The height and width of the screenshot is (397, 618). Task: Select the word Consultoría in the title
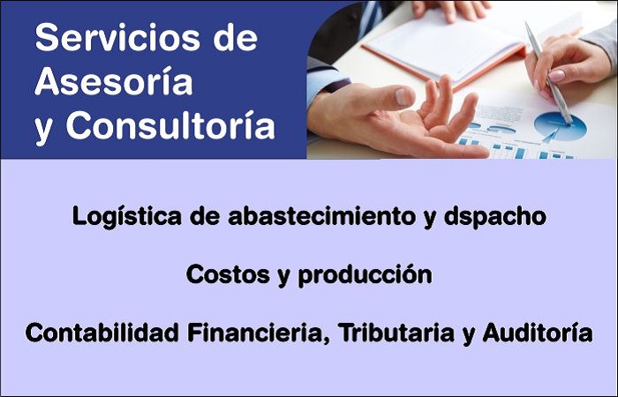[170, 125]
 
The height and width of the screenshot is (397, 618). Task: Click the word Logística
[126, 217]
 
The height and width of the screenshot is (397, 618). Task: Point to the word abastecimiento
[321, 216]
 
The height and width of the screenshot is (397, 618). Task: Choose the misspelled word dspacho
[495, 217]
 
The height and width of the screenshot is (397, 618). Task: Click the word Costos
[228, 274]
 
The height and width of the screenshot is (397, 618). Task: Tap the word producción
[365, 275]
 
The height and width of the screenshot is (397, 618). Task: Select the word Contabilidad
[102, 333]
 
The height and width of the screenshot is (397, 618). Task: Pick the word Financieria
[259, 333]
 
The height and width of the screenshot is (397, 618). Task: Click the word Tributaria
[396, 333]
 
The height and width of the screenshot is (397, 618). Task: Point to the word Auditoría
[538, 333]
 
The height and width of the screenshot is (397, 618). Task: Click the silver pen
[548, 73]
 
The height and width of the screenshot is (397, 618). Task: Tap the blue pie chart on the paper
[560, 126]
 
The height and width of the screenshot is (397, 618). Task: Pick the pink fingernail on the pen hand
[556, 75]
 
